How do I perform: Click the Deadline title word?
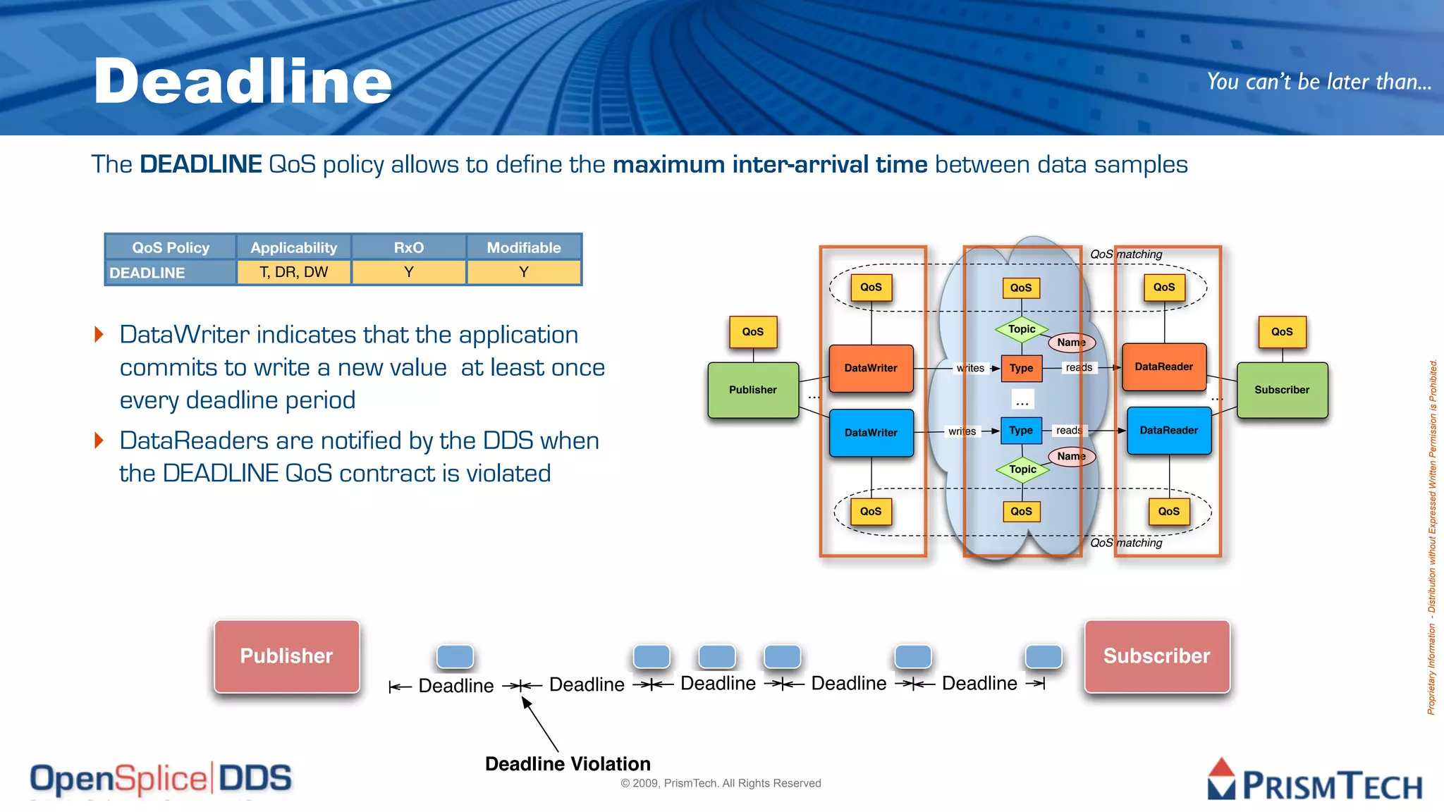tap(243, 82)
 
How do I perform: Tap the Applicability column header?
tap(293, 247)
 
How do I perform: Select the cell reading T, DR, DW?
tap(293, 272)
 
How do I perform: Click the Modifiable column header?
tap(524, 247)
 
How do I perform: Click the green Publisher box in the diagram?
tap(753, 390)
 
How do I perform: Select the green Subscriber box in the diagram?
tap(1282, 390)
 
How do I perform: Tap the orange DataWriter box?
tap(871, 368)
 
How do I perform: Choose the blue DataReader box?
tap(1169, 430)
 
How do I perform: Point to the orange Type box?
tap(1021, 368)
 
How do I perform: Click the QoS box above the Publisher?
tap(753, 332)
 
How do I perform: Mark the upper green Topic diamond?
tap(1022, 329)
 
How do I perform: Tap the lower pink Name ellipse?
tap(1072, 457)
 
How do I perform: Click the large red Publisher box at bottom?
tap(287, 656)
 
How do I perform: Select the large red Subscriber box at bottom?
tap(1156, 656)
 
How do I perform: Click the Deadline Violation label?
tap(568, 764)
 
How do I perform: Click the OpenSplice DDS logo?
tap(161, 779)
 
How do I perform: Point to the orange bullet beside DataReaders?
tap(99, 441)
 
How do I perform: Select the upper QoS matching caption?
tap(1126, 254)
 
